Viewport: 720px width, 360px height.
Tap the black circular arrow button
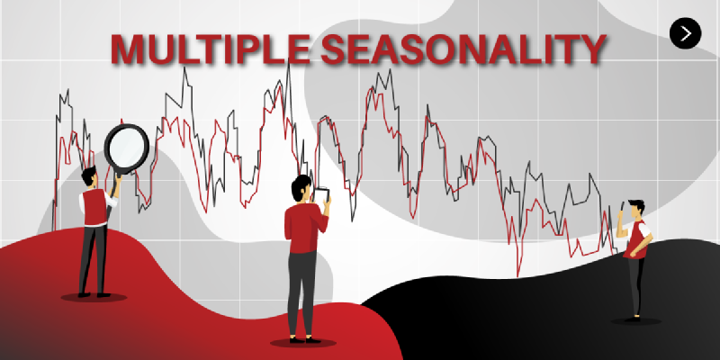[686, 33]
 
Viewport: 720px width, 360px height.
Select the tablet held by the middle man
[321, 194]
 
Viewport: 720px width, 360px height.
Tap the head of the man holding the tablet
[301, 189]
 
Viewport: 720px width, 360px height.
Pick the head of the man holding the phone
[636, 209]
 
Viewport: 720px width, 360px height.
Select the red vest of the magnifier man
[94, 205]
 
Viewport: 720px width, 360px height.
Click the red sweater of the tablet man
[301, 230]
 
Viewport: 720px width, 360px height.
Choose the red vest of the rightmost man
[637, 238]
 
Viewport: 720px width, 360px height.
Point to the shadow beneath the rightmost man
[636, 319]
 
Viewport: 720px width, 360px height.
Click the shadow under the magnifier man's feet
[93, 296]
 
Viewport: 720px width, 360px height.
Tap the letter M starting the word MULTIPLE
[129, 49]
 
